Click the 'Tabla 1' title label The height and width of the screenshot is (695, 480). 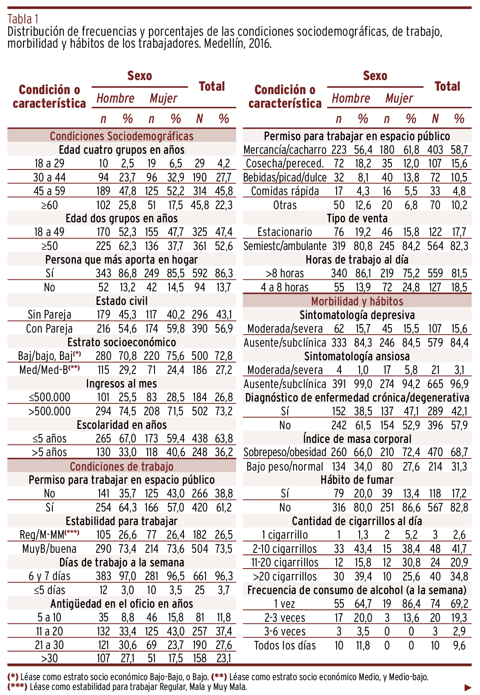(x=23, y=19)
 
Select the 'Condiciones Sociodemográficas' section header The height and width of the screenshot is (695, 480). (x=121, y=136)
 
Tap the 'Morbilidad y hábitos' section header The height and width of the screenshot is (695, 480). (x=357, y=302)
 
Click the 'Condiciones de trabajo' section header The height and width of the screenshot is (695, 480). (x=121, y=466)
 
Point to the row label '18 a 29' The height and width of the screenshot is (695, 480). (x=49, y=164)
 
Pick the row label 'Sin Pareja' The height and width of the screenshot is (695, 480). (x=49, y=315)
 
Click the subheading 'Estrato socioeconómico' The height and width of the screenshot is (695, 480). (x=121, y=342)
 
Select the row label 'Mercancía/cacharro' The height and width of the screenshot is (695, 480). (x=285, y=150)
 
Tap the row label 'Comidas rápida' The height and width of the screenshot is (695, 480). (x=285, y=191)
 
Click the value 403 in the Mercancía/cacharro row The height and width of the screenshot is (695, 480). (x=435, y=150)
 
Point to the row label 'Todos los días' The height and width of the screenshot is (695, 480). (x=285, y=646)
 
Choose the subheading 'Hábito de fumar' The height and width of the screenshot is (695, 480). (x=357, y=480)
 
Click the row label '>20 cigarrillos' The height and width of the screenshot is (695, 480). (x=285, y=577)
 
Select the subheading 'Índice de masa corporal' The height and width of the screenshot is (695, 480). (x=357, y=439)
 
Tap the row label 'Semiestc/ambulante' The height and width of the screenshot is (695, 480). (x=285, y=246)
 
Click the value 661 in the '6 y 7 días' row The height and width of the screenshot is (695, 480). (x=200, y=577)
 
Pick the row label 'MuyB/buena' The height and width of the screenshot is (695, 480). (x=49, y=549)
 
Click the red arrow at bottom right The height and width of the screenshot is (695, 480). (x=468, y=687)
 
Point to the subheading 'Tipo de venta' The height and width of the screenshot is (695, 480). (x=357, y=219)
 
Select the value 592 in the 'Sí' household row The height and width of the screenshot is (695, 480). (x=200, y=273)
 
